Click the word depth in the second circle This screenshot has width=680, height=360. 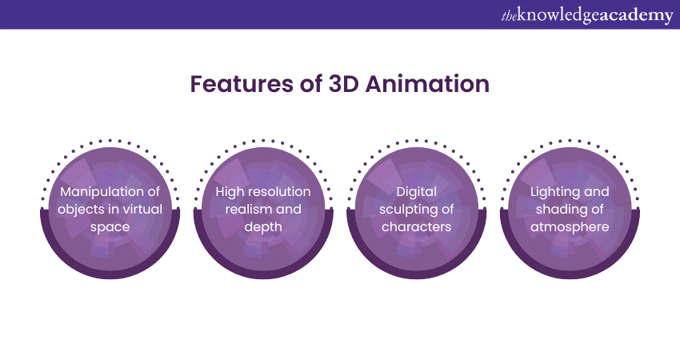[263, 227]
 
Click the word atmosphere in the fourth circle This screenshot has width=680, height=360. [569, 227]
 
